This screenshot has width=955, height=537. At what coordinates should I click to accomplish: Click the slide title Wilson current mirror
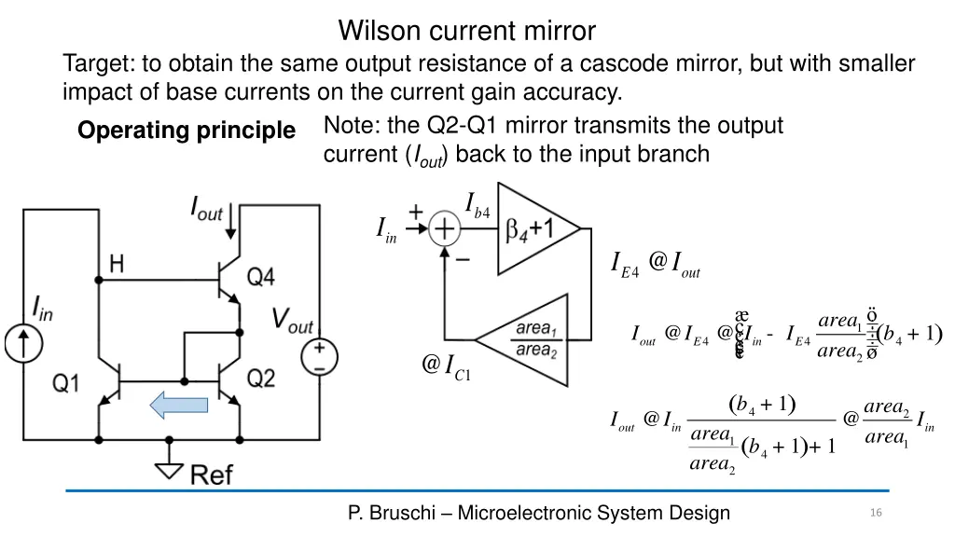click(466, 31)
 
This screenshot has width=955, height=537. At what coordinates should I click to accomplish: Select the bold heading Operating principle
click(186, 131)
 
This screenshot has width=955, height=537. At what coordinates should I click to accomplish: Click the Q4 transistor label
click(262, 277)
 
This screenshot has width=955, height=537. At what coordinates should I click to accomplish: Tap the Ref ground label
click(212, 475)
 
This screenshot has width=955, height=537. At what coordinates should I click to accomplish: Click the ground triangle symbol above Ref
click(169, 469)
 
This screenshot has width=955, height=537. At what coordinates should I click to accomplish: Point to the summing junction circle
click(445, 228)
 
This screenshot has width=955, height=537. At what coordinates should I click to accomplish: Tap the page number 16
click(875, 513)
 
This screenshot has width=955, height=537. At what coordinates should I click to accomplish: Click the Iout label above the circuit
click(206, 208)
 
